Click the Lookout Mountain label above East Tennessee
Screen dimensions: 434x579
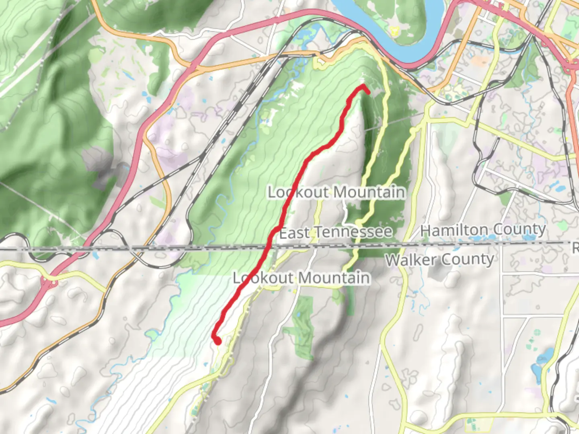(x=336, y=192)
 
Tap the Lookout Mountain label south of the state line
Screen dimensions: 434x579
(x=302, y=278)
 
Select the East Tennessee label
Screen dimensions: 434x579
(x=336, y=232)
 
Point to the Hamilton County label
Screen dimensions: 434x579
(x=483, y=229)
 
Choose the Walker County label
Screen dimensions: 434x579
(x=439, y=260)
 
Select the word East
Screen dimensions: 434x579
(x=294, y=233)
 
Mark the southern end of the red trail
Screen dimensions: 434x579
(x=218, y=342)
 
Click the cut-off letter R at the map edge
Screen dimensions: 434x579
(x=575, y=248)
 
